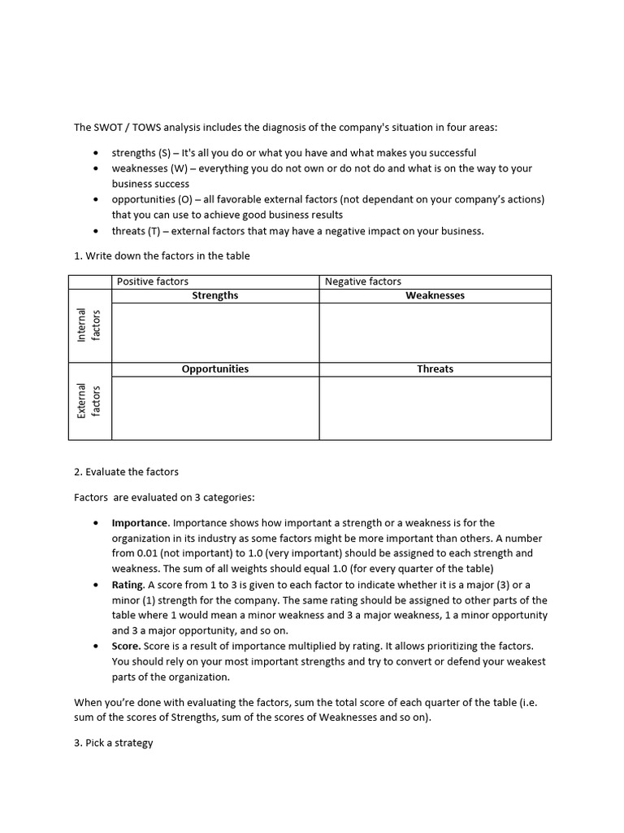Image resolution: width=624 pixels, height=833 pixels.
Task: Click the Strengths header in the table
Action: [215, 296]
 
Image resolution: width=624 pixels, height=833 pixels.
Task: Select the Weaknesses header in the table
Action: [435, 296]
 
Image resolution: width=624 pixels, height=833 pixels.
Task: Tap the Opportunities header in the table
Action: [215, 369]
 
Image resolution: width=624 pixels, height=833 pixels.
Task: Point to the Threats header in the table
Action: [435, 369]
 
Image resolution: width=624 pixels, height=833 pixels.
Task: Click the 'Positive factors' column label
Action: [153, 281]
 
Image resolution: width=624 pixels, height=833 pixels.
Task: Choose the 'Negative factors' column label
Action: [362, 281]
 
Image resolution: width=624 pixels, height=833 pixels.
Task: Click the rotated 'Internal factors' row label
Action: [89, 325]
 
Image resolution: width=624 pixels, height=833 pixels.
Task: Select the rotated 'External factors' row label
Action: [89, 400]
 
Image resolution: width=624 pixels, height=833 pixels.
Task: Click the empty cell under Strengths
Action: [215, 332]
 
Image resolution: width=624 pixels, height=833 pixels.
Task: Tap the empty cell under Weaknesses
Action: [435, 332]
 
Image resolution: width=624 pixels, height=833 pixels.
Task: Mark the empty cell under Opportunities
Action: [215, 408]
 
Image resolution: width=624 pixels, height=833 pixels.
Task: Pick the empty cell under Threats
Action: [435, 408]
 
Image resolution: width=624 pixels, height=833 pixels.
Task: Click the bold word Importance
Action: [140, 523]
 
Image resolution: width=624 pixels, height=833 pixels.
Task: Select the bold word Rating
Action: [128, 585]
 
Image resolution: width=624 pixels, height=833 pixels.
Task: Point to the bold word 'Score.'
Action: [126, 647]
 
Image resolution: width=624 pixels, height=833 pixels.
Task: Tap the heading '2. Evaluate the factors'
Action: [126, 472]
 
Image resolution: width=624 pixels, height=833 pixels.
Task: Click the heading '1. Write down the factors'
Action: [162, 255]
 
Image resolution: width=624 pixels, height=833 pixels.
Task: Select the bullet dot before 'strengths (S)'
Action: [97, 153]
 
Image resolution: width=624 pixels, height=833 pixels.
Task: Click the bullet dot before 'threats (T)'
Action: [97, 231]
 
